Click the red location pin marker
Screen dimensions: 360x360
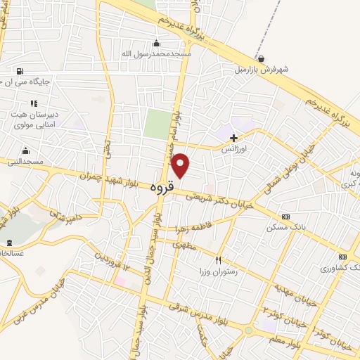click(181, 165)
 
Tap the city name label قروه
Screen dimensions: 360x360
click(161, 188)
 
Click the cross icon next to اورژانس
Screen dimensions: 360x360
click(234, 138)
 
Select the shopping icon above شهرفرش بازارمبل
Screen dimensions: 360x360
click(261, 59)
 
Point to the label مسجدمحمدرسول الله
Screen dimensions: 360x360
click(155, 53)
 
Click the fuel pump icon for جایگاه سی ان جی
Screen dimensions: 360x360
click(18, 71)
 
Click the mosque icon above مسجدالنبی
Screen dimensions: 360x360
click(26, 150)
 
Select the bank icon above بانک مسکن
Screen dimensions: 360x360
click(285, 217)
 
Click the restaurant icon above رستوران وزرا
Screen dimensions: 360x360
click(219, 260)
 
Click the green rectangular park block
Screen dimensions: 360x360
click(157, 124)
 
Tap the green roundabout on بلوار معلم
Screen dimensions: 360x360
click(248, 330)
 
